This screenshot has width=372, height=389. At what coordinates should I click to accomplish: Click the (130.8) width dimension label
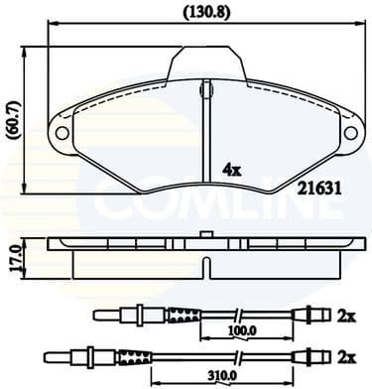click(x=201, y=13)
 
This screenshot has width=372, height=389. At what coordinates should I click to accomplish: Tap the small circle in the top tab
click(x=207, y=88)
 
